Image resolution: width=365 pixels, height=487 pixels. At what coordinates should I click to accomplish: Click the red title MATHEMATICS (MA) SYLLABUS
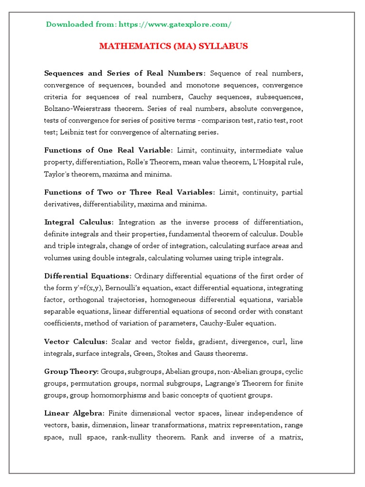pyautogui.click(x=173, y=46)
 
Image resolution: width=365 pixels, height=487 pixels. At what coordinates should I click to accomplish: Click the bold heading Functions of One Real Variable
pyautogui.click(x=107, y=150)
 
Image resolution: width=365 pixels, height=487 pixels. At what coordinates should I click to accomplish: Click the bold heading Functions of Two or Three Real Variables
pyautogui.click(x=129, y=192)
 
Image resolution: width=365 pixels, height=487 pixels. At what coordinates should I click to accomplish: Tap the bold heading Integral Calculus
pyautogui.click(x=78, y=222)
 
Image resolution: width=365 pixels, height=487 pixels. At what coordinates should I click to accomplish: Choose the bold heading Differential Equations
pyautogui.click(x=87, y=276)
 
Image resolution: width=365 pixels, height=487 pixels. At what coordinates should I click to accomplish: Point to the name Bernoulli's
pyautogui.click(x=136, y=288)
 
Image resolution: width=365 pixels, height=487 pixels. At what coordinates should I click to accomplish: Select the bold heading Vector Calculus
pyautogui.click(x=76, y=342)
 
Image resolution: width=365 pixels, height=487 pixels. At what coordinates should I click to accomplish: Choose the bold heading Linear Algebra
pyautogui.click(x=73, y=413)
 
